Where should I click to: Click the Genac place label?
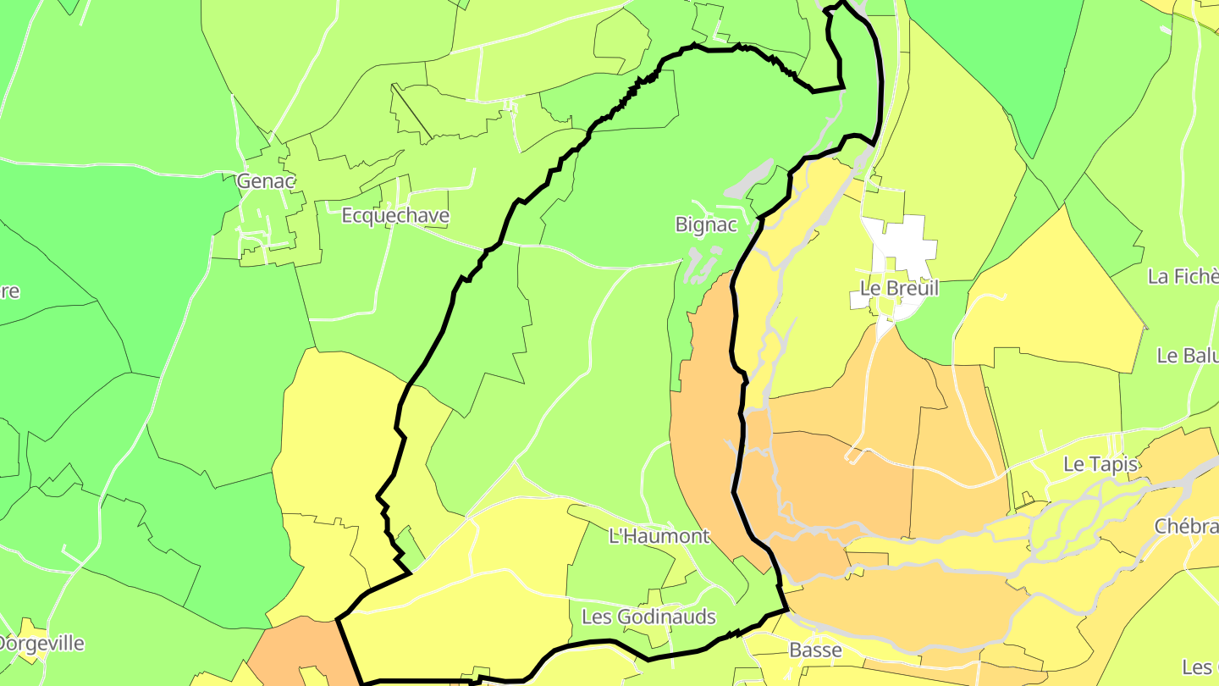point(266,181)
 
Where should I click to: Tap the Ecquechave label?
point(395,216)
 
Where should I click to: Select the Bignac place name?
point(706,225)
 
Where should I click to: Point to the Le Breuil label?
point(899,289)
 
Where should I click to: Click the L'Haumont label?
point(659,536)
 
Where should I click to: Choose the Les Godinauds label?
point(649,617)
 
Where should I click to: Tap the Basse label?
point(815,650)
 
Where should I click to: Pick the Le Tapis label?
point(1100,464)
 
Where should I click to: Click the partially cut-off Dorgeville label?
point(42,644)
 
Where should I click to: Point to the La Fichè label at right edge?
point(1183,276)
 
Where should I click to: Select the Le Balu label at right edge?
point(1187,356)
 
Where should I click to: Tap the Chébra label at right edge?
point(1186,527)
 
